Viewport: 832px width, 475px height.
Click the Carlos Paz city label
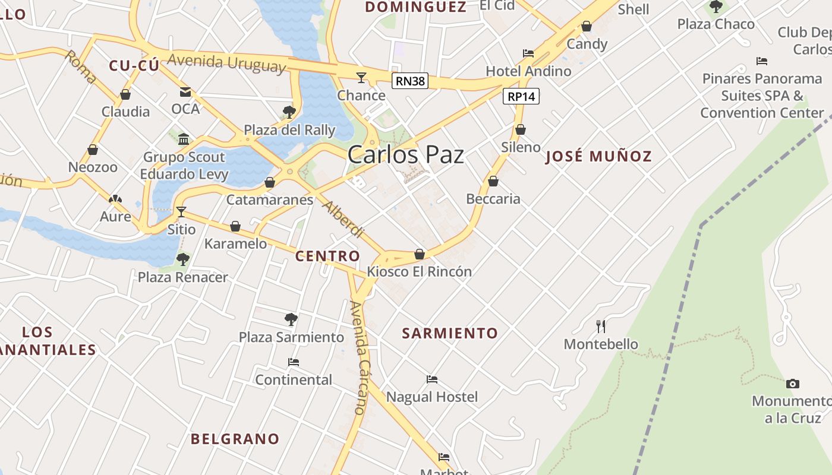[405, 155]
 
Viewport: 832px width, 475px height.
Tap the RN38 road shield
[410, 81]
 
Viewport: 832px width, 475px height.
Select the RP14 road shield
[521, 96]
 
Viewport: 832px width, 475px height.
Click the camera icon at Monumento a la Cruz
[792, 384]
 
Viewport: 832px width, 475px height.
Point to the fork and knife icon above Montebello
[601, 326]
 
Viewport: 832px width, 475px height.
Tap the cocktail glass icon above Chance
[361, 77]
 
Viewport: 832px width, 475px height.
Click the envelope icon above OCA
[185, 91]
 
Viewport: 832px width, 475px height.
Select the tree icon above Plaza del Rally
[289, 112]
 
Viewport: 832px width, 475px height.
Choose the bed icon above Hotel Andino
[528, 53]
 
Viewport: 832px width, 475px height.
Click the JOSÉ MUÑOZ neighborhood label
[598, 157]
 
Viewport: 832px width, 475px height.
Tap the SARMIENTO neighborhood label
[450, 333]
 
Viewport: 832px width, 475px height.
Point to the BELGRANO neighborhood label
[235, 439]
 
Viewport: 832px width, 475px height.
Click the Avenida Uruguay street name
[226, 62]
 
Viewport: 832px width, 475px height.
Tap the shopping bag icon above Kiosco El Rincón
[420, 254]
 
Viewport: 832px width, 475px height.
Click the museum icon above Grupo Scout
[184, 139]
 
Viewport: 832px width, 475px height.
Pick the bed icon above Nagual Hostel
[432, 379]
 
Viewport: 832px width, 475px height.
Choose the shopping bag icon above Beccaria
[493, 181]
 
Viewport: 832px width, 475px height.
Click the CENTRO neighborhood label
[327, 256]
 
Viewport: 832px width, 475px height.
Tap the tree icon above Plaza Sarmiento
[291, 319]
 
